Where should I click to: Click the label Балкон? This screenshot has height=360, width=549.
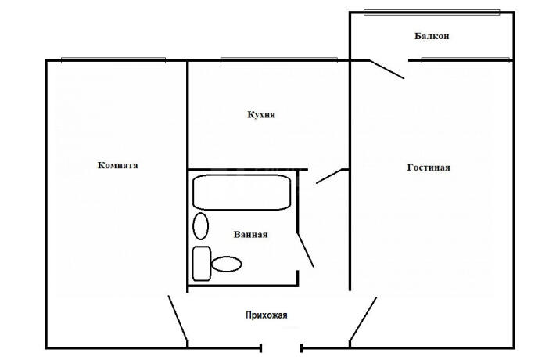(x=432, y=36)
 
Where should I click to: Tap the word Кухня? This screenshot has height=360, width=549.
(x=261, y=114)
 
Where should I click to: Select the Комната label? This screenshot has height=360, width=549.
(x=117, y=165)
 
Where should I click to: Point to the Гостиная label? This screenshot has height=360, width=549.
(x=429, y=167)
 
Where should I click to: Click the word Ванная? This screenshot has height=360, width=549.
(x=251, y=234)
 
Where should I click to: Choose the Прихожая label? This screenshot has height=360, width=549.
(x=267, y=315)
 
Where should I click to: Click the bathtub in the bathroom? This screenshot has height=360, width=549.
(x=242, y=193)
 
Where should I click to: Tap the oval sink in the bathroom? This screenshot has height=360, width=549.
(x=201, y=226)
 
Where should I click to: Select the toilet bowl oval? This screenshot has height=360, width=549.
(x=227, y=264)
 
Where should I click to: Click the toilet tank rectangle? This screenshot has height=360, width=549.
(x=202, y=264)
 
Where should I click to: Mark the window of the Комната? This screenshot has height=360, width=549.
(x=113, y=60)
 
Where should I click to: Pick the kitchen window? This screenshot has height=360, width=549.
(x=279, y=60)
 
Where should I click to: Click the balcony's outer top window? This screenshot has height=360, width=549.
(x=432, y=13)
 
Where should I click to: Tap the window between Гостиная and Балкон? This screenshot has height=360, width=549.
(x=465, y=60)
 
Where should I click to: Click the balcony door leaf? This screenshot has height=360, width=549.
(x=387, y=70)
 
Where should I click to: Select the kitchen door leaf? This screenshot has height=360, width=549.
(x=328, y=176)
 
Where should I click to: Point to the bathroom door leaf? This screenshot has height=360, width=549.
(x=306, y=250)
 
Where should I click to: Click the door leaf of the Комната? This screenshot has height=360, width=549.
(x=178, y=319)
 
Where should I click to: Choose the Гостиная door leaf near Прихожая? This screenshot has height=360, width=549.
(x=363, y=319)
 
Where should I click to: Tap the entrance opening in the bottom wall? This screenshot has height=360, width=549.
(x=281, y=348)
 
